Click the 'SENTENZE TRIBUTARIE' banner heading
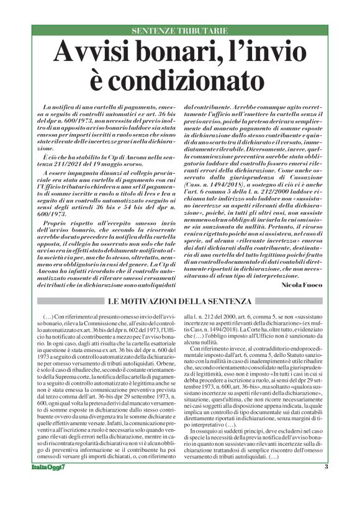[180, 31]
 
